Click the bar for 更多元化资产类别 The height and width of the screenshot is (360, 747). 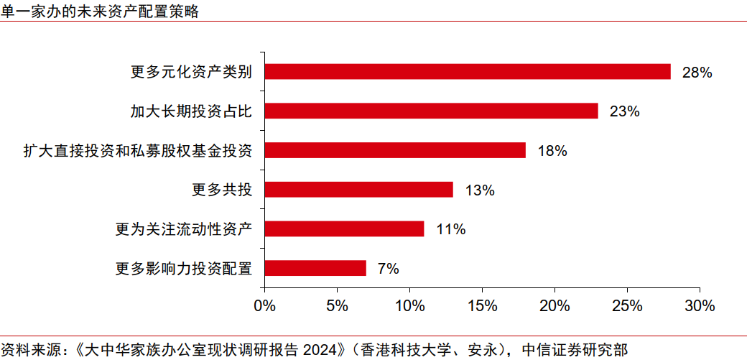(x=468, y=72)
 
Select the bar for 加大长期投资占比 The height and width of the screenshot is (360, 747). (x=432, y=111)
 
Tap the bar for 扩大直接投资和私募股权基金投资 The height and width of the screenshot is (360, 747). (x=395, y=150)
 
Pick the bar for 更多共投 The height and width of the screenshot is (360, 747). (x=359, y=190)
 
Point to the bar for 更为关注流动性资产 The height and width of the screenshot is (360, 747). (x=345, y=229)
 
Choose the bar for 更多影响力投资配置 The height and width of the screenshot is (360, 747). (x=315, y=269)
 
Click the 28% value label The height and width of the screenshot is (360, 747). (x=697, y=73)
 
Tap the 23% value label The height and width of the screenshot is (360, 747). (x=624, y=111)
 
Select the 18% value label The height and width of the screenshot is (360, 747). (x=552, y=151)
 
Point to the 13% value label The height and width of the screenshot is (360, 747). (x=480, y=190)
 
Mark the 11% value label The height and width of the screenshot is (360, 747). (x=451, y=230)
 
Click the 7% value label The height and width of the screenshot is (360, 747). (x=388, y=269)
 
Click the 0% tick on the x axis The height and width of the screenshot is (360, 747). (x=265, y=305)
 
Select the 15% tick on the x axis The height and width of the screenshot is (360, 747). (x=482, y=305)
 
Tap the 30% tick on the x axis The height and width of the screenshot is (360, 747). (x=700, y=305)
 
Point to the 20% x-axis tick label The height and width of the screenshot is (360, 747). (x=555, y=305)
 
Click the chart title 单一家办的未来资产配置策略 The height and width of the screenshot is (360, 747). (x=100, y=11)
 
